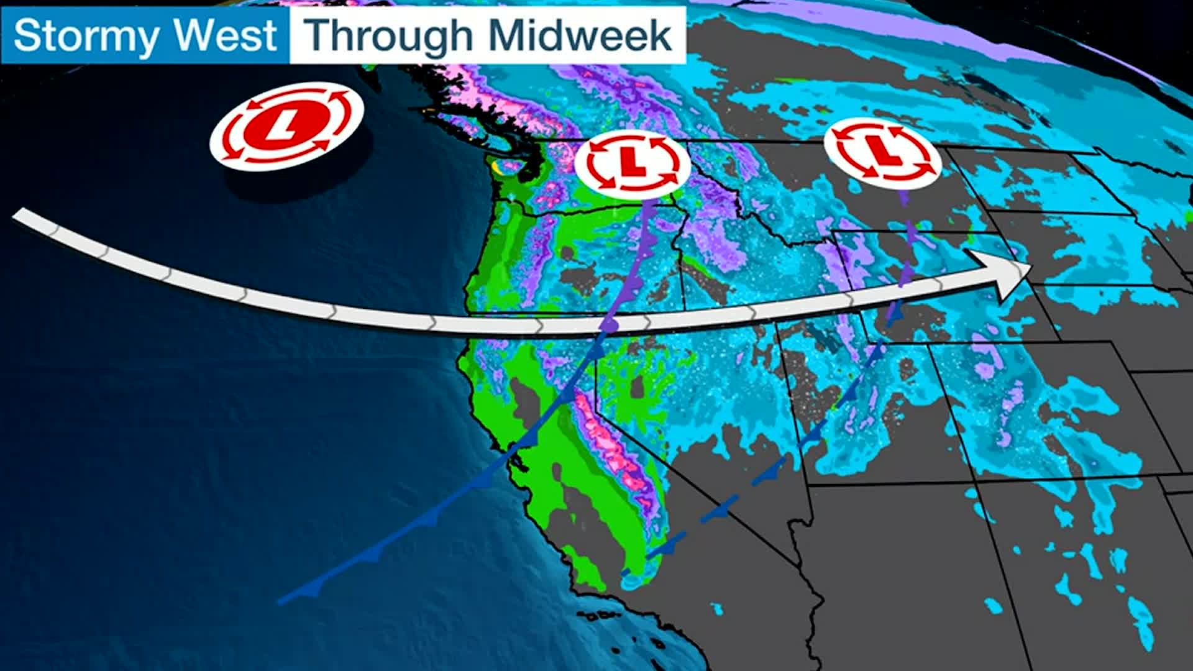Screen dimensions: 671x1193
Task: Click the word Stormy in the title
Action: [x=85, y=36]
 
